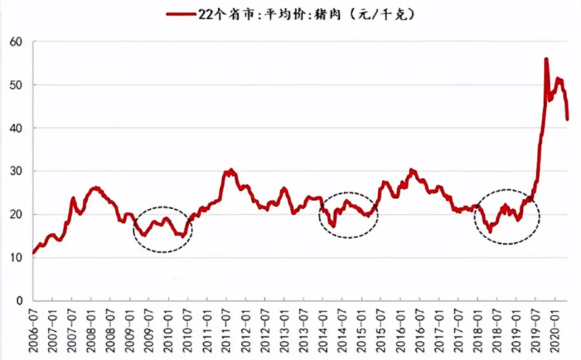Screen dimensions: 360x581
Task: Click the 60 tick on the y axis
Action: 16,42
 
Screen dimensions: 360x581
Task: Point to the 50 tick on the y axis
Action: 16,85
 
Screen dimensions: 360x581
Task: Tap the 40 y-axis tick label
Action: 16,128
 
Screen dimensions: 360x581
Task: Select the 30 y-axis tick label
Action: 16,171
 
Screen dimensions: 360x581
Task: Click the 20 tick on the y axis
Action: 16,215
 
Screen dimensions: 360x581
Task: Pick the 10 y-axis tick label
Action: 16,258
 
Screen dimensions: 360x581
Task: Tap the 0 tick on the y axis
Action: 20,300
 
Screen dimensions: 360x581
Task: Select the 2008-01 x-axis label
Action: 92,329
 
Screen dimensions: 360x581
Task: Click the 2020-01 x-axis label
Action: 556,329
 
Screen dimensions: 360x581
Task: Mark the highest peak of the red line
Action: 546,60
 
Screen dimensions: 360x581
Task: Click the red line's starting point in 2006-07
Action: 33,254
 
